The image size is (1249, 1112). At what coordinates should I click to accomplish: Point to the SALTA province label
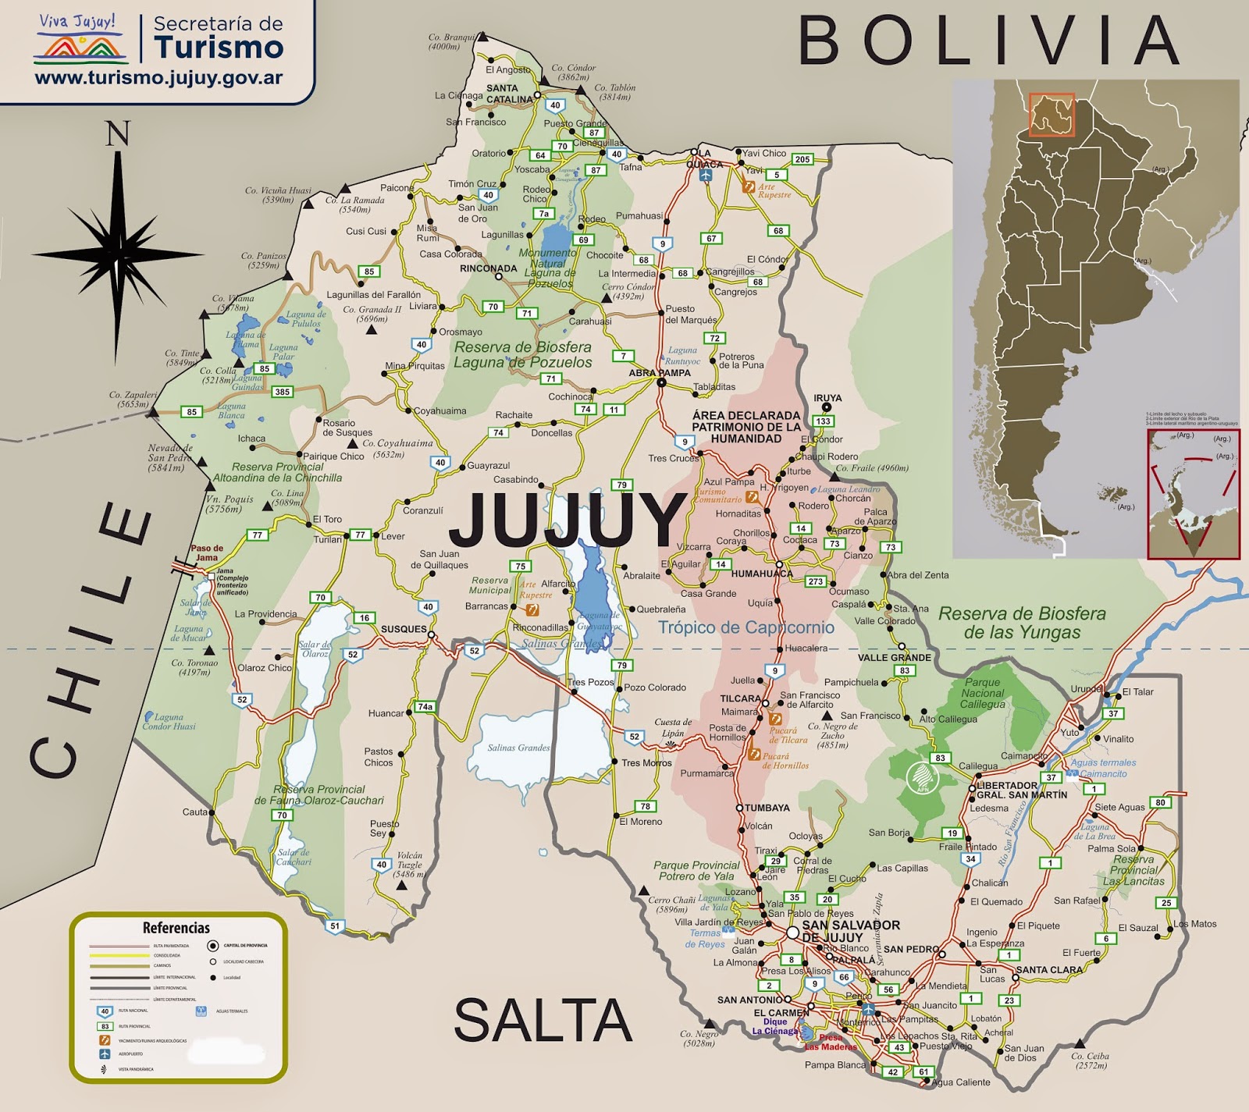point(543,1020)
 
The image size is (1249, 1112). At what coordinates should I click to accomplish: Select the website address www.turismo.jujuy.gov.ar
point(158,78)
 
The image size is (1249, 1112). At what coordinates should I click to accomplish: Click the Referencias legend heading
point(176,928)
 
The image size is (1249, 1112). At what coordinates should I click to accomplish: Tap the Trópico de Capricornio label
point(745,627)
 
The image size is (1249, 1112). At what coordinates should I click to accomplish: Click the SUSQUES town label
point(404,629)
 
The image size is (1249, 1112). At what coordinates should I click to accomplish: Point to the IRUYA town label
point(827,398)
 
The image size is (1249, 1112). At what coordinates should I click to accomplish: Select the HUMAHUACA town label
point(761,574)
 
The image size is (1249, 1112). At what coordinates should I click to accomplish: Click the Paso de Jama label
point(207,552)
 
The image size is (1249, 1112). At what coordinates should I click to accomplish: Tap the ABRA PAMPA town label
point(660,373)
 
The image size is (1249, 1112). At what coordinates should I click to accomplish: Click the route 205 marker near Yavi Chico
point(802,159)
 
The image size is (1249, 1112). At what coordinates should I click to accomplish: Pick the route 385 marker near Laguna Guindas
point(283,392)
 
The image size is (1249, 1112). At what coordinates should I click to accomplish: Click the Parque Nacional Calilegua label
point(983,693)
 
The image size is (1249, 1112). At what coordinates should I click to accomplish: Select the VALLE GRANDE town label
point(894,658)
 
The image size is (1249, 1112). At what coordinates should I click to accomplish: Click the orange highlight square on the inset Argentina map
point(1052,115)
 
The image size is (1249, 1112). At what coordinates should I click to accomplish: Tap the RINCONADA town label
point(489,268)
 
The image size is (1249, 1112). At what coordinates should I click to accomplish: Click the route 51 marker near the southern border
point(335,926)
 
